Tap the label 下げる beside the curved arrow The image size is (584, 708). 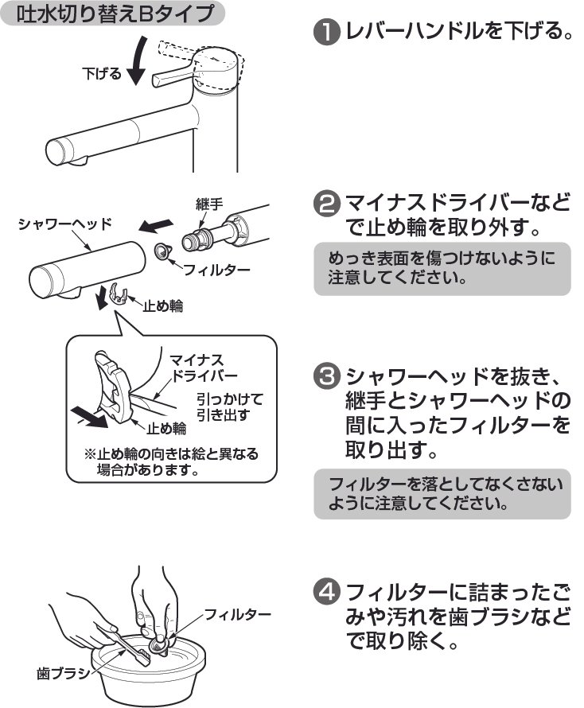(102, 74)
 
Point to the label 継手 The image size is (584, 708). (211, 204)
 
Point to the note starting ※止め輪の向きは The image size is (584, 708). (170, 462)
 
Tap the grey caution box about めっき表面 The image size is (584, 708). (442, 269)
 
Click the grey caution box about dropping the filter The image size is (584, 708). (442, 493)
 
